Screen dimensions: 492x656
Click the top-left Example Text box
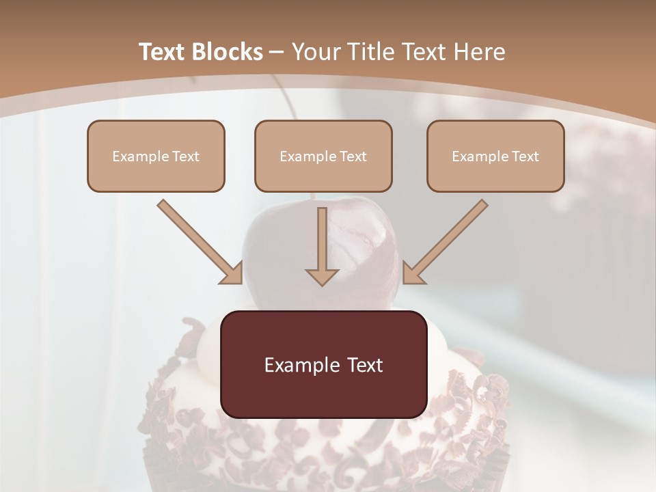pyautogui.click(x=156, y=156)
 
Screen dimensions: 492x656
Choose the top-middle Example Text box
pyautogui.click(x=323, y=156)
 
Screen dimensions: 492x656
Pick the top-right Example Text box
pyautogui.click(x=495, y=156)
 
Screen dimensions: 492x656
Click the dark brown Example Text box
pyautogui.click(x=323, y=364)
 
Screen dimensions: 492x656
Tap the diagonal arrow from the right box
pyautogui.click(x=448, y=239)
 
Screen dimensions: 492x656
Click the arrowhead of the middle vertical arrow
pyautogui.click(x=322, y=276)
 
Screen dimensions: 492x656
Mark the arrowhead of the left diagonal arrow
pyautogui.click(x=232, y=273)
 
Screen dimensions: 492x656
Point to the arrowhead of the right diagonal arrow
pyautogui.click(x=412, y=273)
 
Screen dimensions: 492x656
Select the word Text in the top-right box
pyautogui.click(x=525, y=156)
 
